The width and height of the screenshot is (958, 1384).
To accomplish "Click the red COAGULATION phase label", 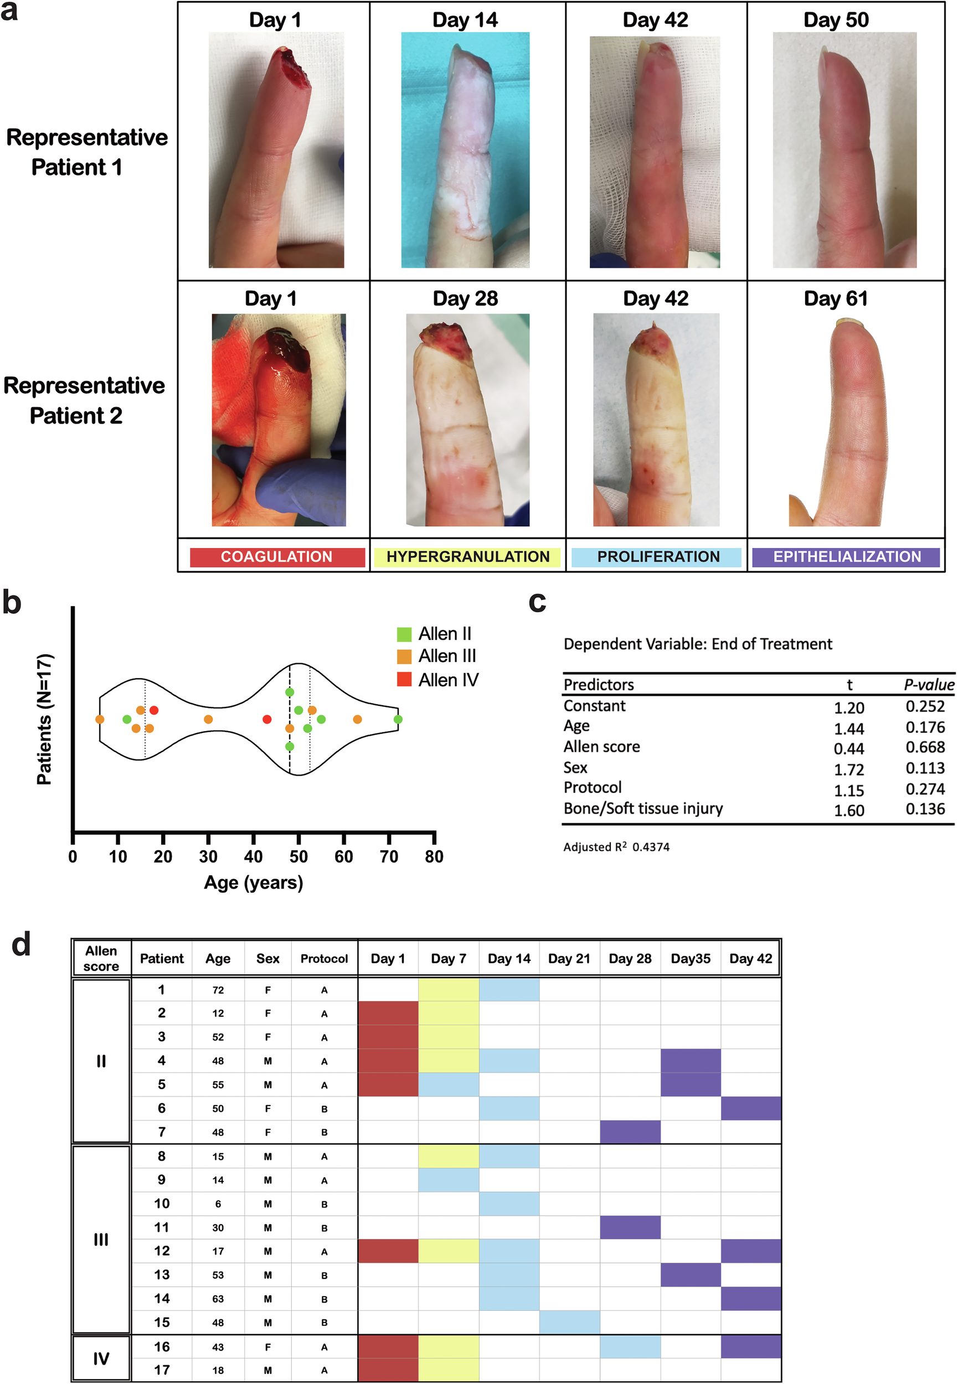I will [x=277, y=557].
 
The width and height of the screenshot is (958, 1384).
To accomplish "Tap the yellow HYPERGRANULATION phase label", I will [x=467, y=557].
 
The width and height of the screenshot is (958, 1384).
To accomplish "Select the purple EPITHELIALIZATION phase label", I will [x=846, y=557].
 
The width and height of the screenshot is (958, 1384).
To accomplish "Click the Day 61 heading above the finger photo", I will [x=836, y=299].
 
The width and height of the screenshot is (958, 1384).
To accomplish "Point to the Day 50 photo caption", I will [x=836, y=20].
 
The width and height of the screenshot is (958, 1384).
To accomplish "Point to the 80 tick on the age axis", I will [x=434, y=856].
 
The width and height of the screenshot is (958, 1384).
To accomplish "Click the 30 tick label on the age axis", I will [x=208, y=856].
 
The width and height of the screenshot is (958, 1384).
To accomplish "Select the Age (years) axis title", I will [x=253, y=882].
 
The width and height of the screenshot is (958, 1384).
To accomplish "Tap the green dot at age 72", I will [x=398, y=719].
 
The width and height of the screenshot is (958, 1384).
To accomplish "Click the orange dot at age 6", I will [x=100, y=719].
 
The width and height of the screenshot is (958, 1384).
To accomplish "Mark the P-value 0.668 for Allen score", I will [x=925, y=747].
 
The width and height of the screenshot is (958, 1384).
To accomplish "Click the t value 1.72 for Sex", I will [x=849, y=769].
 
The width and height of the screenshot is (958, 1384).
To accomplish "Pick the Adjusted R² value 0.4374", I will [x=651, y=847].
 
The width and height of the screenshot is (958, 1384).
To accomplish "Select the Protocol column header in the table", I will [x=324, y=959].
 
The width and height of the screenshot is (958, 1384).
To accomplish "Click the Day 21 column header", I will [x=569, y=959].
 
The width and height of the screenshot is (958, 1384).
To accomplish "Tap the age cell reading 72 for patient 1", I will [x=218, y=990].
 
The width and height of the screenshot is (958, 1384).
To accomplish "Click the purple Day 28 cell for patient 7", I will [x=630, y=1132].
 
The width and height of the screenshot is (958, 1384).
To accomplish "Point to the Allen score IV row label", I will [x=101, y=1358].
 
